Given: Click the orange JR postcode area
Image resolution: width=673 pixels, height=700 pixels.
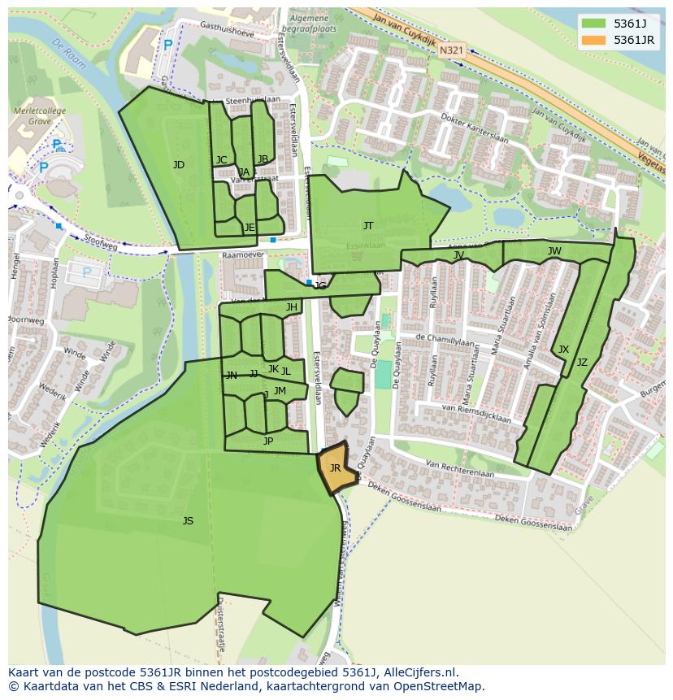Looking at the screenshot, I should [334, 468].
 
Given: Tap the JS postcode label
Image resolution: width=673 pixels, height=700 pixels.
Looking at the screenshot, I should [188, 521].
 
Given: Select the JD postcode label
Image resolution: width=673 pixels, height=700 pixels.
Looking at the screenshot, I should [179, 165].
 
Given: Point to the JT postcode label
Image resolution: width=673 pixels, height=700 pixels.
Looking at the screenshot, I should [368, 226].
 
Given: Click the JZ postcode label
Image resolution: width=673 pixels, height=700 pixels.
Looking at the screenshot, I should [582, 363].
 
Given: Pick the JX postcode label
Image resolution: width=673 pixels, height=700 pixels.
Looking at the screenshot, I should [563, 350].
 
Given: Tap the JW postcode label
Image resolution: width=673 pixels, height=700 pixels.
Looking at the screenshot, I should [554, 251].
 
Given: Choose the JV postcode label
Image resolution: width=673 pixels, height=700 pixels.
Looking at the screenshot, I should [458, 255].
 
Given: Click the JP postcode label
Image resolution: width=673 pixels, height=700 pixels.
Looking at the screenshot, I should [268, 441].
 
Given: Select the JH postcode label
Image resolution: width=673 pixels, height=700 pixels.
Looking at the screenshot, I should [291, 307].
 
